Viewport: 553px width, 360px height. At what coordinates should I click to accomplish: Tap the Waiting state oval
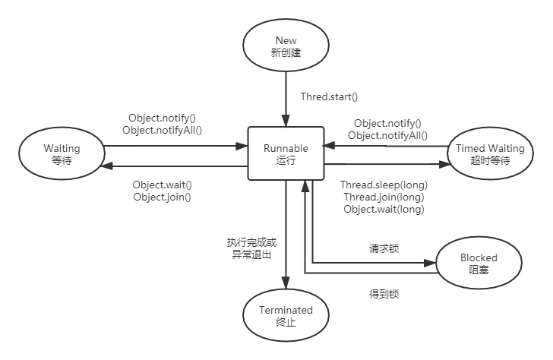tap(62, 155)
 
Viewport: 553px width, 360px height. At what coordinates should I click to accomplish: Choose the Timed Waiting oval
tap(490, 155)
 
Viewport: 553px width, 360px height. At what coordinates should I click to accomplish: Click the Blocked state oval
tap(479, 263)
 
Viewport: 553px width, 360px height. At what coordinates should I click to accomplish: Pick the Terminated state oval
tap(285, 315)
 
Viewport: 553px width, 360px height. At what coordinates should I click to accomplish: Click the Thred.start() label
tap(329, 96)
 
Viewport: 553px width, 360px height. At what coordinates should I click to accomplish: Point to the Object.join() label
tap(162, 197)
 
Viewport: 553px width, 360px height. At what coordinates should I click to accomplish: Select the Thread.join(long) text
tap(384, 197)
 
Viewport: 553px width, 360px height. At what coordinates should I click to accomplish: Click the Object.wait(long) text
tap(384, 209)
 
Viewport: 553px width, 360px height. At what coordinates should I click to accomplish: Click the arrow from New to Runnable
tap(285, 99)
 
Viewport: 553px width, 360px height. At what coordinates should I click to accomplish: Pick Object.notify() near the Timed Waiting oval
tap(387, 123)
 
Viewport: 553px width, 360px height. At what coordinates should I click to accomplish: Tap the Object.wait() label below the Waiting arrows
tap(162, 185)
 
